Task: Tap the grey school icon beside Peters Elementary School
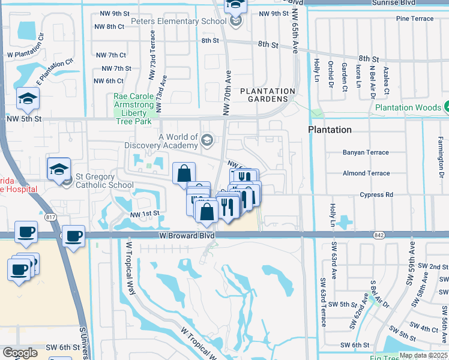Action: click(x=237, y=22)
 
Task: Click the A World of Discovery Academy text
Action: click(x=161, y=141)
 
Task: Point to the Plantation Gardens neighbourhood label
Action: click(x=268, y=95)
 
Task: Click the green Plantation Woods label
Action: click(x=408, y=108)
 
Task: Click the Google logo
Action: click(x=20, y=353)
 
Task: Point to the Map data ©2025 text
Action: click(x=423, y=355)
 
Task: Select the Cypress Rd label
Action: click(x=376, y=195)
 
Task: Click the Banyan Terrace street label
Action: click(x=366, y=152)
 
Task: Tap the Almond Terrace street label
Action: click(x=366, y=173)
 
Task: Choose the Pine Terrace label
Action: click(x=414, y=19)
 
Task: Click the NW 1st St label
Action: click(x=145, y=214)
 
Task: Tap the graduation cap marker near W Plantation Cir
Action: click(x=28, y=100)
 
